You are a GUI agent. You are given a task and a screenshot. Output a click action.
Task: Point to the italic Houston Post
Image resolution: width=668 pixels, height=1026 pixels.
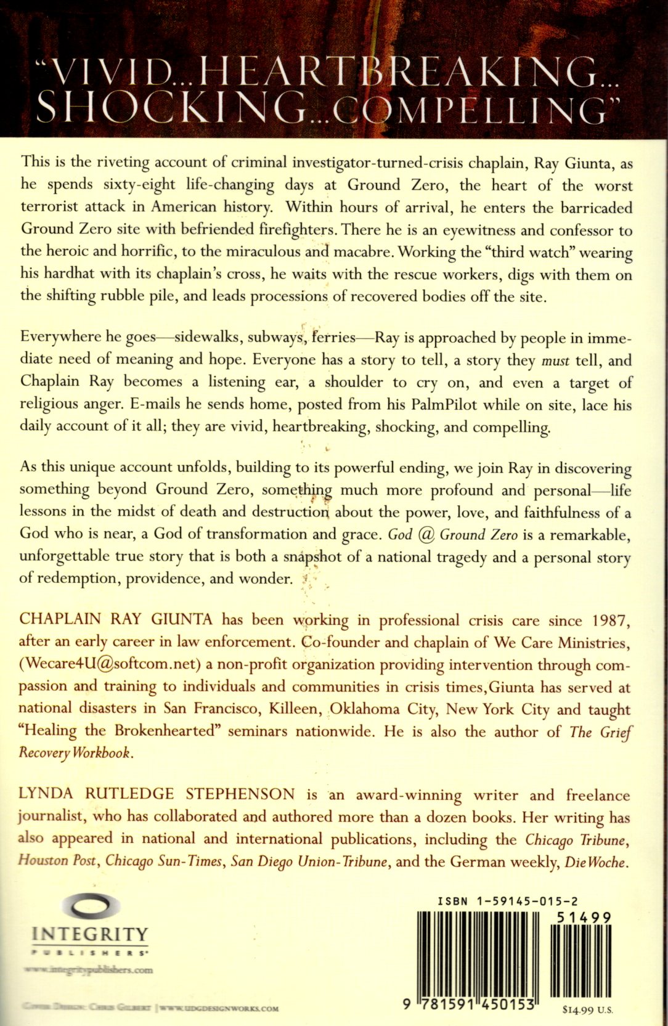[x=57, y=861]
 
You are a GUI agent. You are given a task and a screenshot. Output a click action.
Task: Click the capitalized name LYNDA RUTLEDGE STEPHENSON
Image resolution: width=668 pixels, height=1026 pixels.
[x=158, y=794]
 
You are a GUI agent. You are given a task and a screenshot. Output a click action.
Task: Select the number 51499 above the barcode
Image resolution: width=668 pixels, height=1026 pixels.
[x=583, y=918]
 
